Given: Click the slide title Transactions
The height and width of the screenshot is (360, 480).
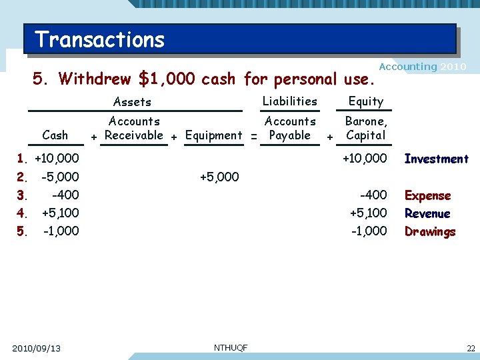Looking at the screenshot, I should (x=100, y=39).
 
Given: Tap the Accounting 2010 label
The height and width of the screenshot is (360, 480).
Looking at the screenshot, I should (x=422, y=67).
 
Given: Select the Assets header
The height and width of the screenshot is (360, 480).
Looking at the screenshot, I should (x=132, y=102).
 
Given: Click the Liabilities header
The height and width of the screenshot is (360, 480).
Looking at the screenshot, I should (x=289, y=101).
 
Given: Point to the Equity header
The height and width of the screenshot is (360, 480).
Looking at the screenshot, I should (x=366, y=101).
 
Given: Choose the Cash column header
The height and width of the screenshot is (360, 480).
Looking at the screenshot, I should (x=55, y=135).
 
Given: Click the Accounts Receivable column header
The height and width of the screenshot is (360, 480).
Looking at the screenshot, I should (x=134, y=128).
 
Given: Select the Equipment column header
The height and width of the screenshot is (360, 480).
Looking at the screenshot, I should (x=213, y=135).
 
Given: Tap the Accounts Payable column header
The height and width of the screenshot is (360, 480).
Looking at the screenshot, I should (x=290, y=128).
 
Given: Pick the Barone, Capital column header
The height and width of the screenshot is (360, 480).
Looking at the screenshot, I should (x=365, y=128).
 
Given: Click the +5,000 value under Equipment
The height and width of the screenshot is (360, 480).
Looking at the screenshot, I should (x=219, y=177).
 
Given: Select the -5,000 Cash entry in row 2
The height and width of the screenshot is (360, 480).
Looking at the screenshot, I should (x=59, y=177).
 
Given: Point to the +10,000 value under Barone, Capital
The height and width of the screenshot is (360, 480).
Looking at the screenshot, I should (x=364, y=159).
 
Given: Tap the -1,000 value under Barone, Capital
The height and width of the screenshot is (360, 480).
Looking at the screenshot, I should (x=368, y=231).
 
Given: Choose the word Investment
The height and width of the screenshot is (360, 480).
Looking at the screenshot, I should (x=436, y=159).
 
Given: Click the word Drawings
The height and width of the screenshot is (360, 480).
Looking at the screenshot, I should (x=430, y=231).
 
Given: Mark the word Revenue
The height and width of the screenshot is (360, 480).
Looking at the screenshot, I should (x=427, y=213).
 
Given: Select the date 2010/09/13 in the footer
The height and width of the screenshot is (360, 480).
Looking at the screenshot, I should (x=36, y=348).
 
